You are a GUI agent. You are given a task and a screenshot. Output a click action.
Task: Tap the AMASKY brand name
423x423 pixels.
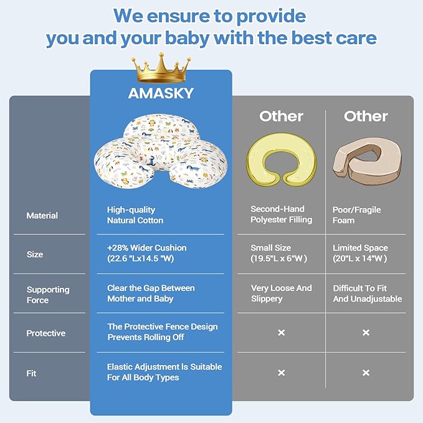point(161,93)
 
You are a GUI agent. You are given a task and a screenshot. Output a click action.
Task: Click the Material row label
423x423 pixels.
point(42,216)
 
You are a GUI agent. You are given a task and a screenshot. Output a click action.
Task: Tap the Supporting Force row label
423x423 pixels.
point(47,295)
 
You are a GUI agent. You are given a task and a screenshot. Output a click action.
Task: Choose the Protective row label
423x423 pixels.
point(45,333)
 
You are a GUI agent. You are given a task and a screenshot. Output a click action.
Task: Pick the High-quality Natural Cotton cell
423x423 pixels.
point(135,215)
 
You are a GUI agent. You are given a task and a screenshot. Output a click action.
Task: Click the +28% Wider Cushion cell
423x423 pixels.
point(147,254)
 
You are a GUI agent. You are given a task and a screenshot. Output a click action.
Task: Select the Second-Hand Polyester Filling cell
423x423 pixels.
point(281,214)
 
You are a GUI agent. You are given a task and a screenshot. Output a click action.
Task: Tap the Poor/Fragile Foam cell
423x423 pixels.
point(356,215)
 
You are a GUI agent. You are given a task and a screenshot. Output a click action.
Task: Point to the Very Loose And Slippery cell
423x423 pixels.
point(281,293)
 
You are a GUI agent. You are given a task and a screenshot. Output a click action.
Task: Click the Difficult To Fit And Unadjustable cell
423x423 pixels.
point(367,293)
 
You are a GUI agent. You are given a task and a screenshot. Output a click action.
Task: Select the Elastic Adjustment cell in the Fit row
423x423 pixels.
point(164,372)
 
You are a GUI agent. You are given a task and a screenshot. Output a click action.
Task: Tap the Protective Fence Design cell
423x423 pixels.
point(163,332)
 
